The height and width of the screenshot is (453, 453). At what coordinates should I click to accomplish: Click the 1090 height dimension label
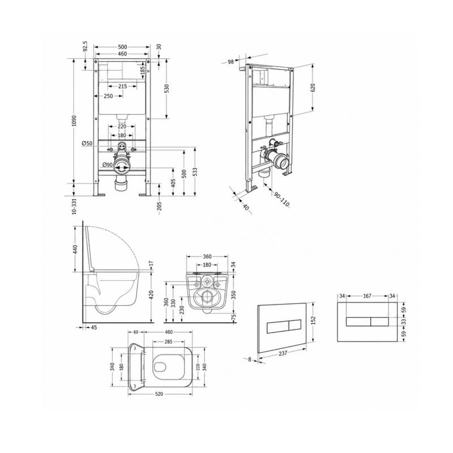point(74,121)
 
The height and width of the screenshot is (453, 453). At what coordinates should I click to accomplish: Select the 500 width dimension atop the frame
point(122,47)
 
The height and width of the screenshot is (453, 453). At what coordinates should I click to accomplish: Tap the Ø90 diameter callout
point(108,165)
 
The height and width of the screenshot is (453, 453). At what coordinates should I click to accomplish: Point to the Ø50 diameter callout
point(87,143)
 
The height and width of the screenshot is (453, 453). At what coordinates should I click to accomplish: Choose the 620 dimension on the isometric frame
point(313,88)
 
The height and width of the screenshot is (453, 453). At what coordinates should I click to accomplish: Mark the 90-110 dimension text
point(281,200)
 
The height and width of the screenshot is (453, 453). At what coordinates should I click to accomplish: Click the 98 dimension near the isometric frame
point(231,62)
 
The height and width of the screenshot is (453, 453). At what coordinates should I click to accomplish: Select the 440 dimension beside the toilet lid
point(75,249)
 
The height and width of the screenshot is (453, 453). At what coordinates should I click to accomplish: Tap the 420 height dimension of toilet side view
point(151,295)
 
